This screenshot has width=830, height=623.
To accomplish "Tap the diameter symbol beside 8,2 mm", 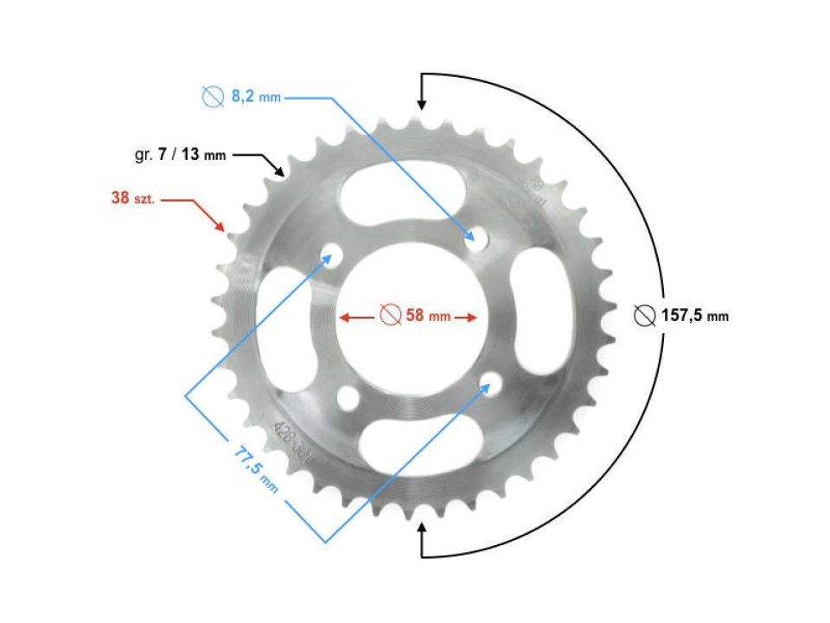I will click(212, 98).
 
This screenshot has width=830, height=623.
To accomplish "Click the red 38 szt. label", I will click(132, 198).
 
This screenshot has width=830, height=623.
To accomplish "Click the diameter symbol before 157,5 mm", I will click(644, 316).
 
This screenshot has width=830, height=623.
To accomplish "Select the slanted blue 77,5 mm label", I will click(256, 468).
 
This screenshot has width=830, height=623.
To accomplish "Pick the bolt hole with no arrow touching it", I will click(348, 397).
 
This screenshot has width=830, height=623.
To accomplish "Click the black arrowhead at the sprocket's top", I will click(421, 104).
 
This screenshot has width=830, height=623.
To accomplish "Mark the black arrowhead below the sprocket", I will click(421, 527).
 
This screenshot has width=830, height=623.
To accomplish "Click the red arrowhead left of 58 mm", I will click(343, 318).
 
